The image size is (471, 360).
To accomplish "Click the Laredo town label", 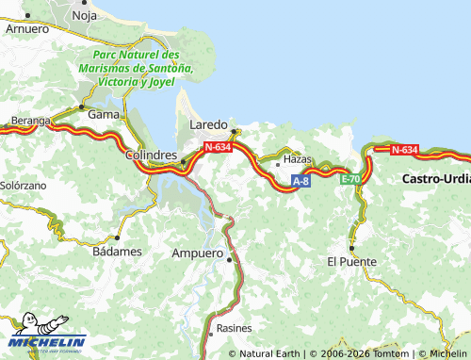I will tap(208, 124).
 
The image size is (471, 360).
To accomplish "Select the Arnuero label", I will tap(26, 29).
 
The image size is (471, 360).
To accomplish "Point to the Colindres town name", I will tap(152, 155).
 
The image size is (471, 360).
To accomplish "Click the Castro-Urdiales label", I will tap(435, 178).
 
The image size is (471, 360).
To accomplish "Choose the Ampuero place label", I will tap(196, 254).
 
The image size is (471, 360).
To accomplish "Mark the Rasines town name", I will tap(234, 328).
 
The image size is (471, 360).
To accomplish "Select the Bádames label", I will tap(118, 252).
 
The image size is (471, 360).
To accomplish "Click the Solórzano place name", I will tap(23, 187).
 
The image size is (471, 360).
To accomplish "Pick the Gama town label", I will tap(102, 114).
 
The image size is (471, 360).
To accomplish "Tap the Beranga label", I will tap(29, 121).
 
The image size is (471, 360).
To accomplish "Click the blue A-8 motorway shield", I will tap(300, 180).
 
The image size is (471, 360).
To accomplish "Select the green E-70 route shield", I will tap(349, 178).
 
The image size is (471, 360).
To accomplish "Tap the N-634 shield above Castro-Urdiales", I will tap(404, 149).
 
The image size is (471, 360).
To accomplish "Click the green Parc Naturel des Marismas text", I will tap(138, 69).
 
